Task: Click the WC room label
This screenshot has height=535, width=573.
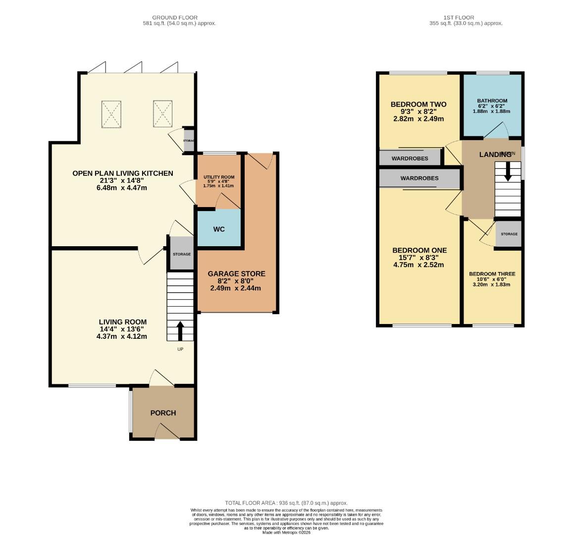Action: pos(219,229)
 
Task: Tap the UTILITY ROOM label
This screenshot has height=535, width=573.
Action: pos(218,177)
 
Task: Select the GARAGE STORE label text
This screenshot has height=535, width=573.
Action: pos(236,273)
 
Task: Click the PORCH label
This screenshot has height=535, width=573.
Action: pos(163,413)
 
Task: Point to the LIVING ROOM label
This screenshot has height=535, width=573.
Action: pos(122,322)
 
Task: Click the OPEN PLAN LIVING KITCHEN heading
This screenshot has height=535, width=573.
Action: pos(123,173)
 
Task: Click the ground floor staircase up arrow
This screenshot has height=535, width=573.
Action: pos(179,331)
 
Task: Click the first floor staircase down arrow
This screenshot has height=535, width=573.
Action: pos(507,172)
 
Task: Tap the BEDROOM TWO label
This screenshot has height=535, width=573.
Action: pos(418,105)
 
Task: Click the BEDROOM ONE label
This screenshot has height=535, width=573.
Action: pos(419,251)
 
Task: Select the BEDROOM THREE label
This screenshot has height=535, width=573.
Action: pos(492,274)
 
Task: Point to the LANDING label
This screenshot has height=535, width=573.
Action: pos(495,155)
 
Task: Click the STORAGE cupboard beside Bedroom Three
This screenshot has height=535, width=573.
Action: pos(509,234)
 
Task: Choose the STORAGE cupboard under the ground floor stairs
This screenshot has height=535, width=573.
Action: pos(181,254)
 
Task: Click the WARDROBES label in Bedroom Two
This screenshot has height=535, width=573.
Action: pos(410,159)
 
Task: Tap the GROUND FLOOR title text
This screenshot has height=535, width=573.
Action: pos(171,18)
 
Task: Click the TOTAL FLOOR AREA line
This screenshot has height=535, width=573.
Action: pos(286,503)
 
